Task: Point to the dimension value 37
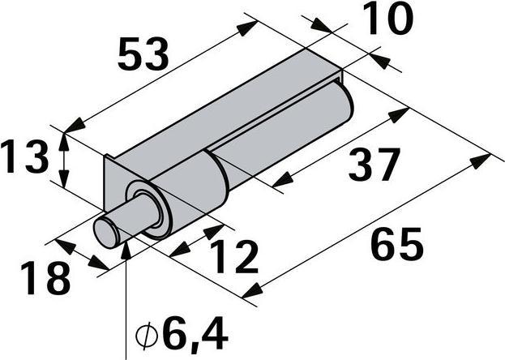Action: click(374, 165)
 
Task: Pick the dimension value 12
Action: click(231, 257)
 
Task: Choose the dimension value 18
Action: click(44, 278)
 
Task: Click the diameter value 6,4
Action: click(194, 333)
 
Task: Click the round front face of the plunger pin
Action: click(106, 233)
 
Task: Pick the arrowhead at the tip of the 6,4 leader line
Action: click(126, 246)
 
